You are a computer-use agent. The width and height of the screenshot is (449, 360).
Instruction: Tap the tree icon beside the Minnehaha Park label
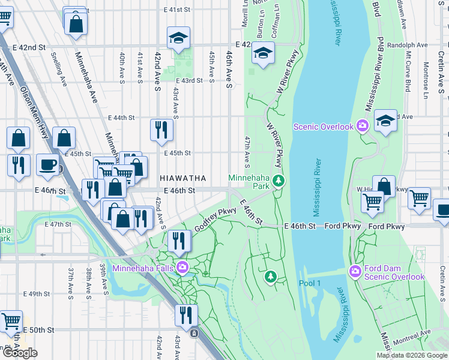tap(277, 179)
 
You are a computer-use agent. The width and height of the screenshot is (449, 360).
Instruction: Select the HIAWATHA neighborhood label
tap(183, 178)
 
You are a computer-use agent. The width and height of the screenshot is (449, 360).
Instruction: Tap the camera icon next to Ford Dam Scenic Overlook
tap(356, 272)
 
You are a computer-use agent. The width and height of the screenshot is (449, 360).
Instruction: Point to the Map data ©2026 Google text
tap(412, 355)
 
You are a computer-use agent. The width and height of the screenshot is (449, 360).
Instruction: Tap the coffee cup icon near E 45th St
tap(48, 164)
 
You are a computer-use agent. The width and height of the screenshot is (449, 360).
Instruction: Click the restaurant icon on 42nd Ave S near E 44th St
tap(161, 130)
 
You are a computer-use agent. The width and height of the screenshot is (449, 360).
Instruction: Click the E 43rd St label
tap(189, 80)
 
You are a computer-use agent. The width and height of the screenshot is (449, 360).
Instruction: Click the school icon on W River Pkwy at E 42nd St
tap(263, 53)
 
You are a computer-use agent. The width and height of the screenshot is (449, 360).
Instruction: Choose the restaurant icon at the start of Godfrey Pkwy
tap(179, 241)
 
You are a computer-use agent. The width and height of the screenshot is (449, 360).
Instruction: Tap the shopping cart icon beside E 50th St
tap(11, 321)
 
